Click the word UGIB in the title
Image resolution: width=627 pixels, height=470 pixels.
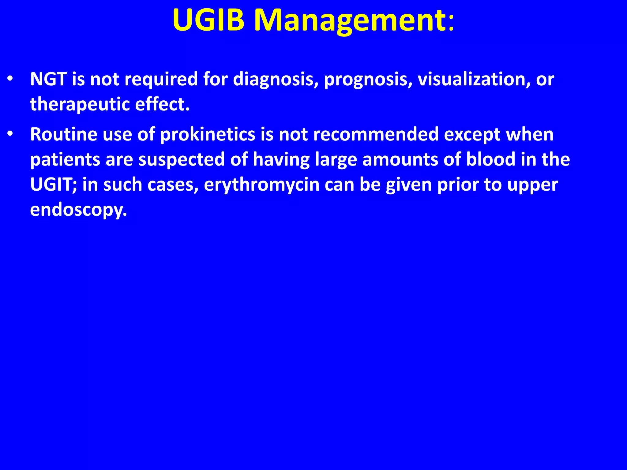(x=208, y=20)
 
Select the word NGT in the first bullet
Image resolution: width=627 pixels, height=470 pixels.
(x=48, y=79)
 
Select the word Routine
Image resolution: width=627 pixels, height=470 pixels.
(x=63, y=134)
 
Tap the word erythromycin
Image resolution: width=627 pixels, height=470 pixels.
(x=261, y=185)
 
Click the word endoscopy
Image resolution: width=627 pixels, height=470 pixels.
(x=78, y=210)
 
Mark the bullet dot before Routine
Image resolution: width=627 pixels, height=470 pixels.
(x=10, y=134)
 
